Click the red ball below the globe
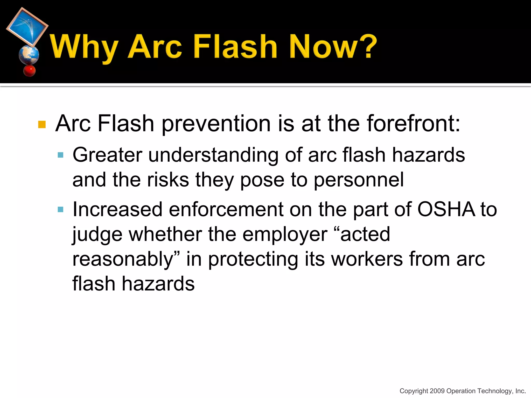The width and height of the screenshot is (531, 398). [x=29, y=70]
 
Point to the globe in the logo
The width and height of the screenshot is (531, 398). [x=29, y=55]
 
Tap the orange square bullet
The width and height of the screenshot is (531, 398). [x=42, y=124]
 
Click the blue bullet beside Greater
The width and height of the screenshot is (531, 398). [x=60, y=155]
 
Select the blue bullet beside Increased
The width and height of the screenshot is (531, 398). [x=60, y=209]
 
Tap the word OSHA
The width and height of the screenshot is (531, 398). [x=446, y=209]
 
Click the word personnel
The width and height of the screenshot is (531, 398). [x=359, y=180]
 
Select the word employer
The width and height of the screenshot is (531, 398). [x=285, y=234]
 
